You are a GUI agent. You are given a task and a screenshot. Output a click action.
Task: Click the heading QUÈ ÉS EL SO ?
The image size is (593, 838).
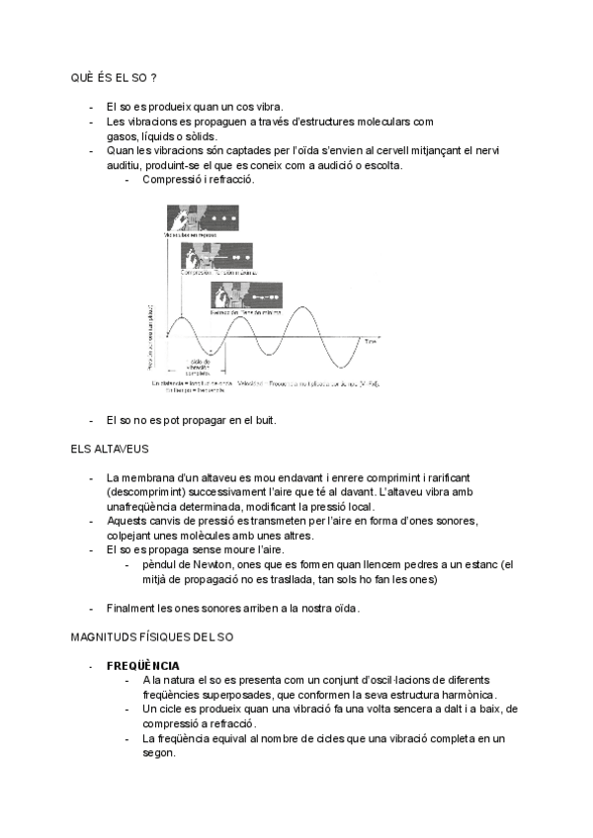tap(114, 78)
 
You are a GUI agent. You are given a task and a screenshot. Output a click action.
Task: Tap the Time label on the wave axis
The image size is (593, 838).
tap(370, 341)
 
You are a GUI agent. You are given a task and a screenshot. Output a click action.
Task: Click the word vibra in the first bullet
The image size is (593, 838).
tap(270, 108)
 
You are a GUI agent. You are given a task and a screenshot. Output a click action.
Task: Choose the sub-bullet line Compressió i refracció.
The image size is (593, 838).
tap(199, 180)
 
